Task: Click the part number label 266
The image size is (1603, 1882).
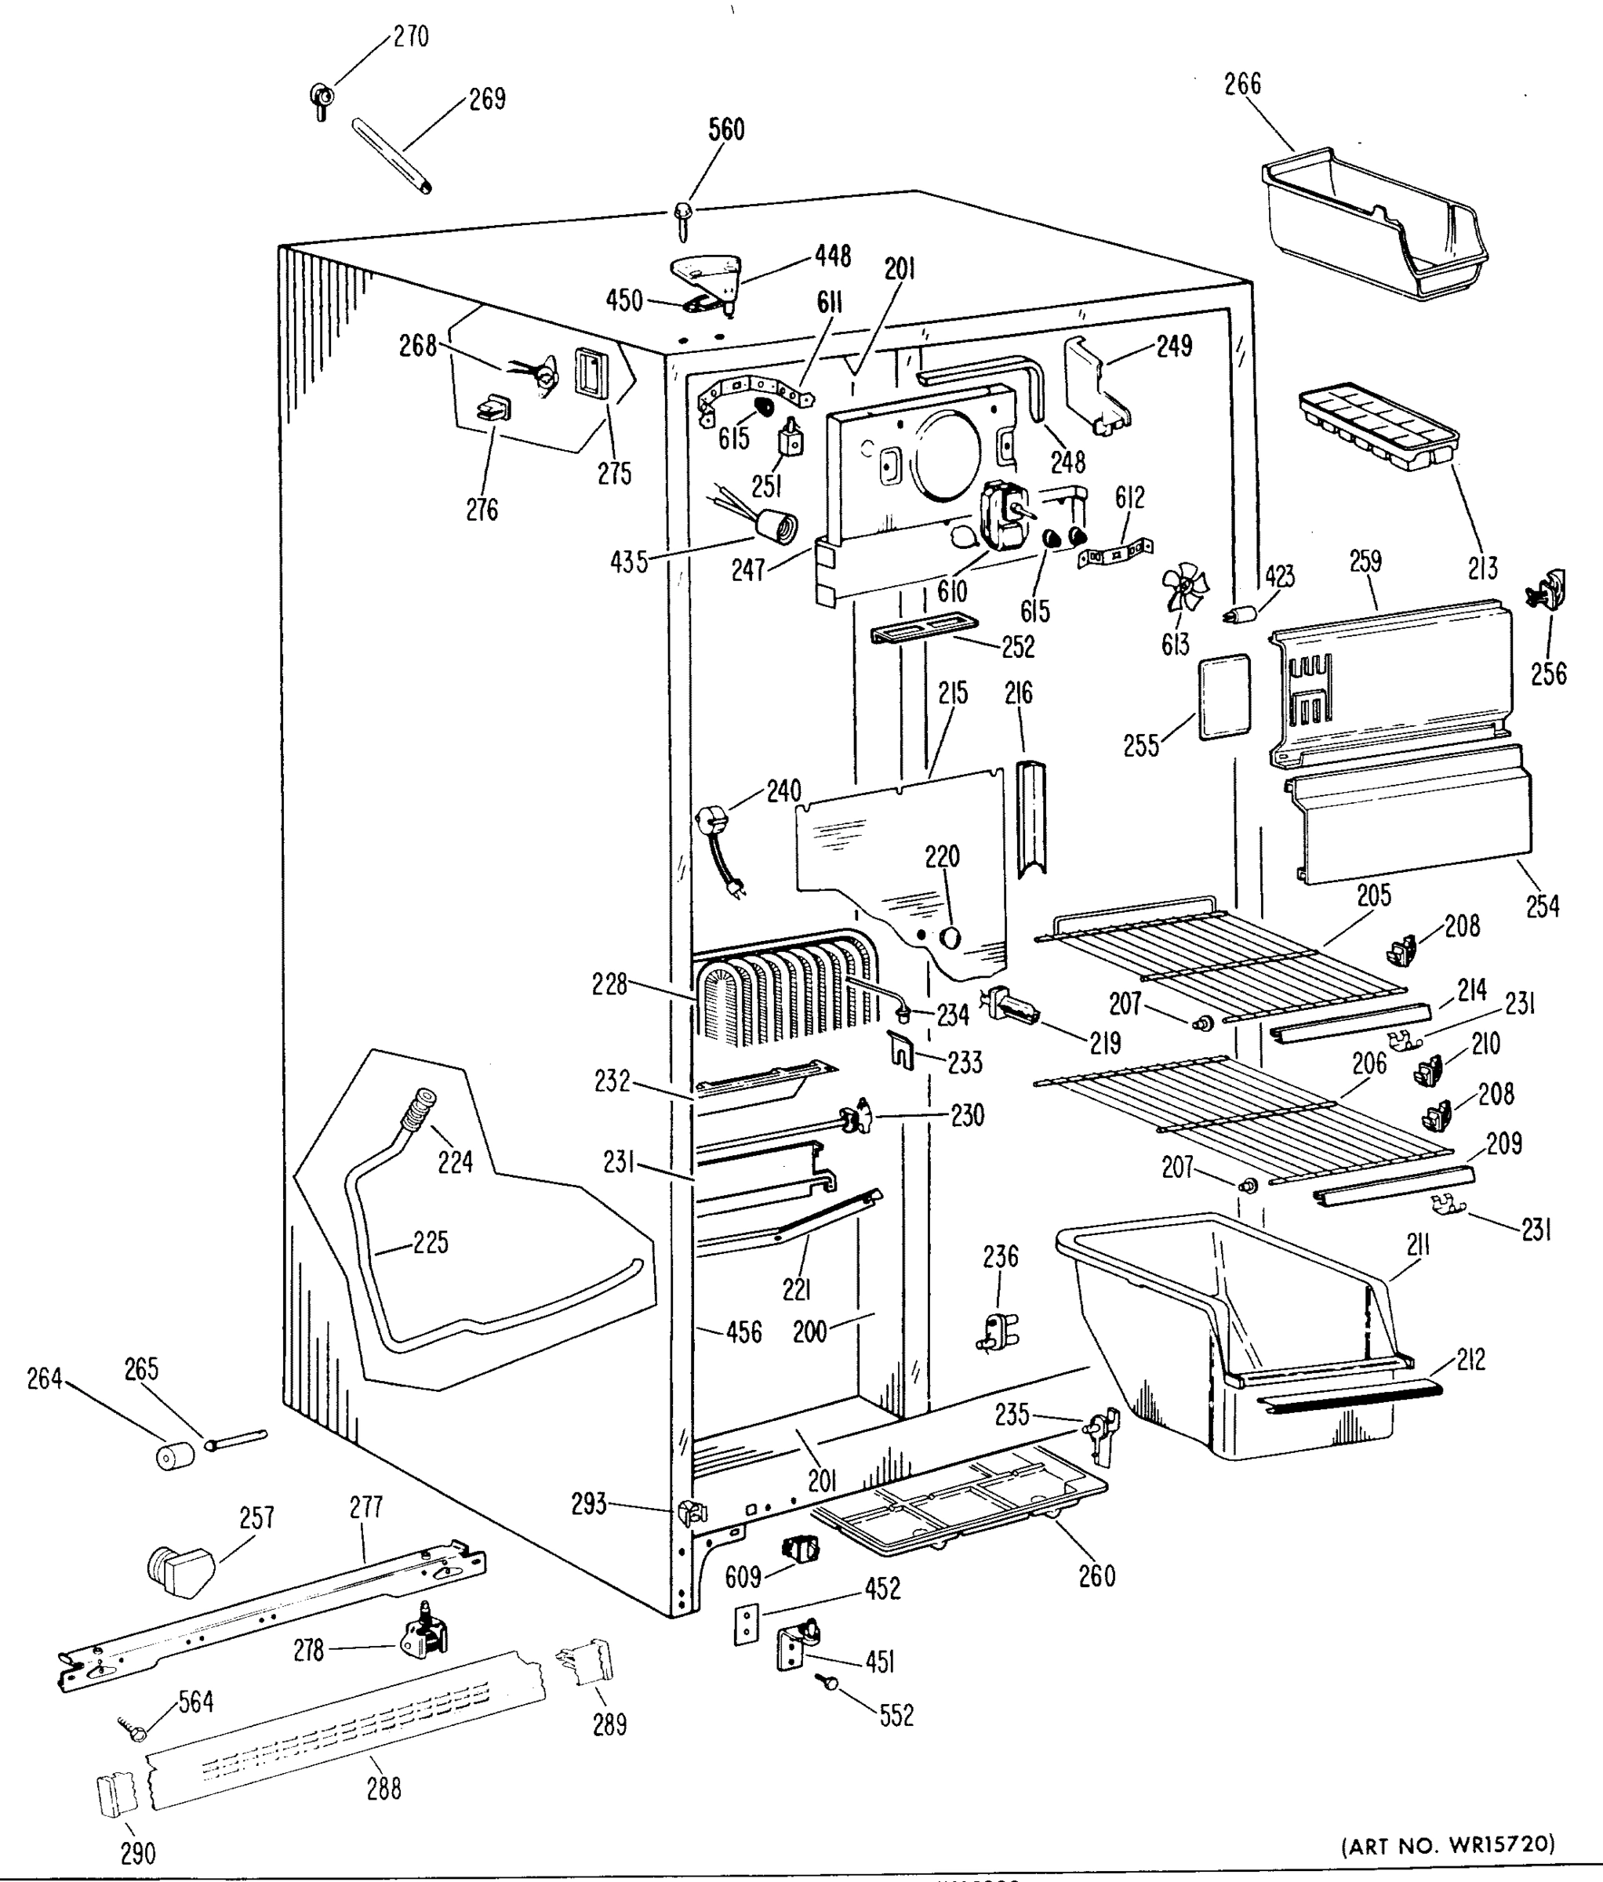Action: (x=1242, y=85)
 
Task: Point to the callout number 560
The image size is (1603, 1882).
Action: (x=725, y=130)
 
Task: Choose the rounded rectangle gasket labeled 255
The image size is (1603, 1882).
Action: (x=1224, y=696)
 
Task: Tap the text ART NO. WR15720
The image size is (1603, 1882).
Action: (x=1448, y=1844)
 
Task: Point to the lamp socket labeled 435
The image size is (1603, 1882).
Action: (x=776, y=527)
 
